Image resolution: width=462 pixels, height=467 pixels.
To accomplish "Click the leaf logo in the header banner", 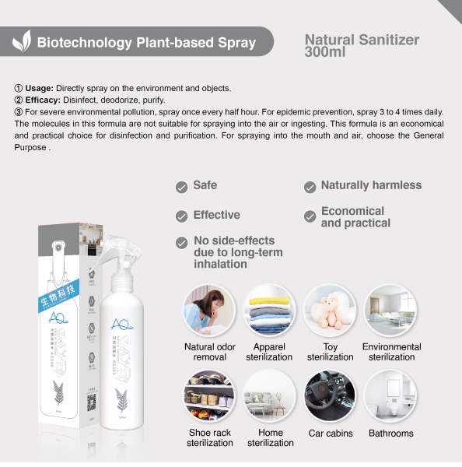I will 23,41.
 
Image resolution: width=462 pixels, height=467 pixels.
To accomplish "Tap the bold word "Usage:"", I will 41,88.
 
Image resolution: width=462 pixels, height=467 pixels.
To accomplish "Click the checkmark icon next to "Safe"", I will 181,187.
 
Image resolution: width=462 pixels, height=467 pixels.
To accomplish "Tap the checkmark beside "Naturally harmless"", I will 308,187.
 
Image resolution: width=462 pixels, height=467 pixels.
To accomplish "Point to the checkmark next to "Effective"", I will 181,216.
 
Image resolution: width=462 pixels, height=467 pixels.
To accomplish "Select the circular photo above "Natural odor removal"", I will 209,310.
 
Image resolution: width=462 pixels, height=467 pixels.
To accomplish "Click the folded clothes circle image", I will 270,310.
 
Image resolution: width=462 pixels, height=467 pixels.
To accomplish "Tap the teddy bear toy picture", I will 330,310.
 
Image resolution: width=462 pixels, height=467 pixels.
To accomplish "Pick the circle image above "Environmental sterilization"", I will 390,310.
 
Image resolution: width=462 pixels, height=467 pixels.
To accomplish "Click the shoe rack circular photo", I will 209,395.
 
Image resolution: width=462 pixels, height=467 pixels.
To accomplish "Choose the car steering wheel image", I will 330,395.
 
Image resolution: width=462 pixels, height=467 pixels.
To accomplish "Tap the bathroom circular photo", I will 390,395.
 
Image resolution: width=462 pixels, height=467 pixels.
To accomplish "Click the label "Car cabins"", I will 330,434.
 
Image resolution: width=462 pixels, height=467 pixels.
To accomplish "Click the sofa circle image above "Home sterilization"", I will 270,395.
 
